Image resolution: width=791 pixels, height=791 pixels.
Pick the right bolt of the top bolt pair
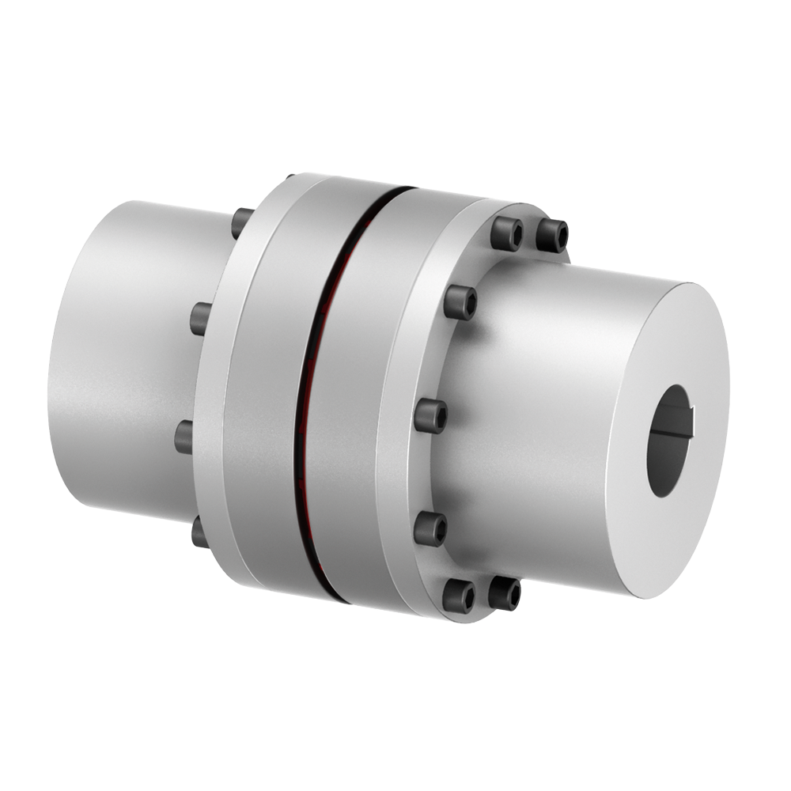pyautogui.click(x=551, y=235)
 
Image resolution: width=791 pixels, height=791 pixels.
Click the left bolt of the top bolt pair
pyautogui.click(x=506, y=233)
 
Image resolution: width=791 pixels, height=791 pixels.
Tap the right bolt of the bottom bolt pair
pyautogui.click(x=504, y=593)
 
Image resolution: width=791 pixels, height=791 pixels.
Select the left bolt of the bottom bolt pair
pyautogui.click(x=458, y=596)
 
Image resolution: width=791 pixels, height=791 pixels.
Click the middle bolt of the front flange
pyautogui.click(x=431, y=415)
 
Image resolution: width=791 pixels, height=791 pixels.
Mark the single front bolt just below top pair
pyautogui.click(x=460, y=302)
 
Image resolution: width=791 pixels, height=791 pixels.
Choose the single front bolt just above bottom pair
pyautogui.click(x=430, y=528)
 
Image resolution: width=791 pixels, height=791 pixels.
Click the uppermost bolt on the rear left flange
pyautogui.click(x=242, y=223)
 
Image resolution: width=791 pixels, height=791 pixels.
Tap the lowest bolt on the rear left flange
pyautogui.click(x=199, y=532)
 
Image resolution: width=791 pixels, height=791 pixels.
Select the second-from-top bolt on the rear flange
pyautogui.click(x=201, y=318)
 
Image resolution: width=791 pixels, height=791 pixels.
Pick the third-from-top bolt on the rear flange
pyautogui.click(x=184, y=437)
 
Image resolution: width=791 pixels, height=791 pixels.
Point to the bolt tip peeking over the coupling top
pyautogui.click(x=290, y=177)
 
